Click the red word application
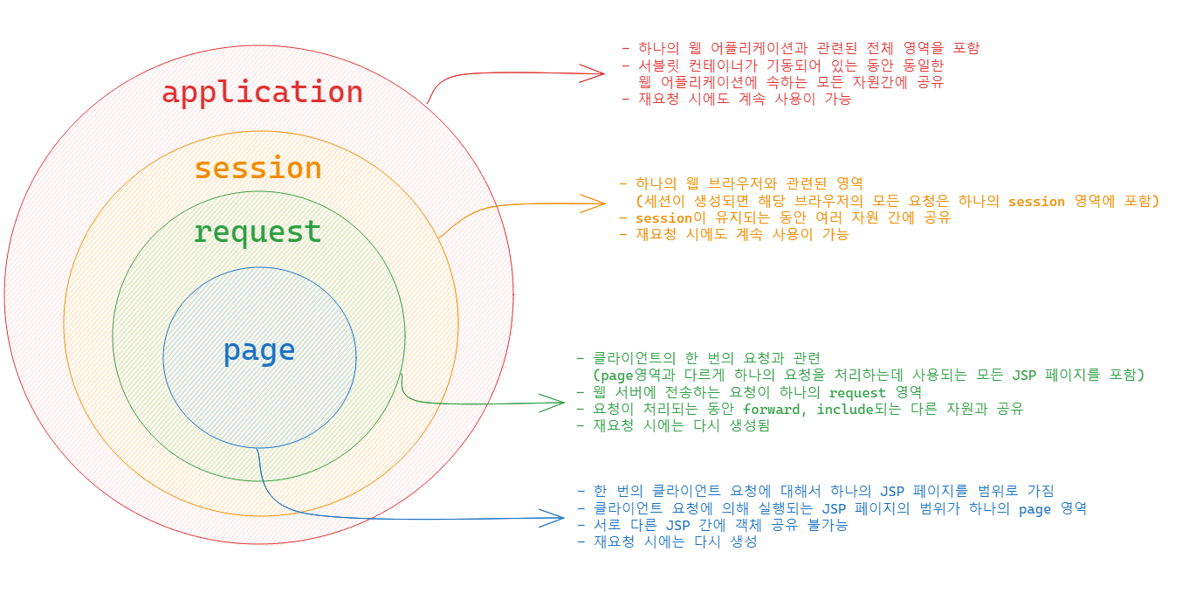tap(262, 92)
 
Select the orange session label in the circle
tap(258, 168)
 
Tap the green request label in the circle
tap(258, 232)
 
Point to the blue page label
tap(259, 350)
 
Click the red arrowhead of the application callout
tap(597, 72)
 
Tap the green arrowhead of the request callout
tap(557, 403)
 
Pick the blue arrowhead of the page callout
tap(557, 519)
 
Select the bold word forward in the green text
tap(776, 409)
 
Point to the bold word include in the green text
tap(845, 409)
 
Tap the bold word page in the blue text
tap(1034, 508)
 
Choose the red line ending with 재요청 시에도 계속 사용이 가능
tap(739, 99)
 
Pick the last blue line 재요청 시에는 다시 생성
tap(669, 541)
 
